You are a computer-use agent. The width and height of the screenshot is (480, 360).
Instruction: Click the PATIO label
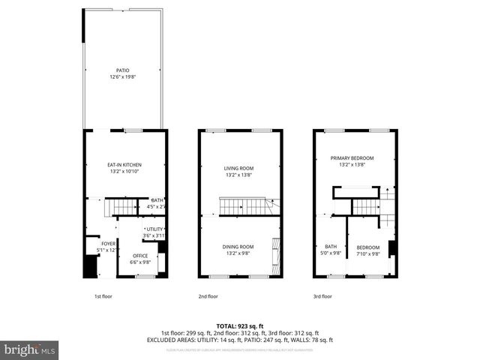click(124, 70)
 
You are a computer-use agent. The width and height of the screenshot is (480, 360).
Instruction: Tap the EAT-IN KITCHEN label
click(124, 164)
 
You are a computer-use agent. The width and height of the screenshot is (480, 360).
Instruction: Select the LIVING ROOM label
click(239, 168)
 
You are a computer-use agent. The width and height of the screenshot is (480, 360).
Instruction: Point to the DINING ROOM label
click(239, 247)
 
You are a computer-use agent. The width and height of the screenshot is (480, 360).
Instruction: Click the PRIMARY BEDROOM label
click(355, 158)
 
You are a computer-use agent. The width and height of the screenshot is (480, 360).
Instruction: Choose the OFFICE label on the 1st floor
click(140, 256)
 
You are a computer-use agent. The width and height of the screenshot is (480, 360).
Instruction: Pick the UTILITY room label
click(154, 229)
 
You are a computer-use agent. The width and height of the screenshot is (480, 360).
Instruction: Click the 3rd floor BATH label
click(331, 247)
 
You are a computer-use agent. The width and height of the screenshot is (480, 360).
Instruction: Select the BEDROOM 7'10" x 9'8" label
click(367, 247)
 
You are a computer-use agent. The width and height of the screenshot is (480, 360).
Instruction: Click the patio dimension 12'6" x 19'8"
click(124, 77)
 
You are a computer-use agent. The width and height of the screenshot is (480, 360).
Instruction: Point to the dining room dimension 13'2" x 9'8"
click(239, 253)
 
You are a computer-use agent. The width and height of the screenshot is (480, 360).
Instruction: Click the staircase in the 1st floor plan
click(120, 206)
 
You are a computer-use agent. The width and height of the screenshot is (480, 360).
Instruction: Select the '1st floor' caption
click(103, 296)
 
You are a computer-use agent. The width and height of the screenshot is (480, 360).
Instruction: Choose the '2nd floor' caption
click(208, 296)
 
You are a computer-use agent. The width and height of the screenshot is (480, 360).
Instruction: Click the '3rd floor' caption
click(322, 296)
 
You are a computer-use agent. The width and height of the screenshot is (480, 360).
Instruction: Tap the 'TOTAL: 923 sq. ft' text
click(239, 326)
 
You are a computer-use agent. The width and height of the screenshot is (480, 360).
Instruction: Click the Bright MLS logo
click(29, 349)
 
